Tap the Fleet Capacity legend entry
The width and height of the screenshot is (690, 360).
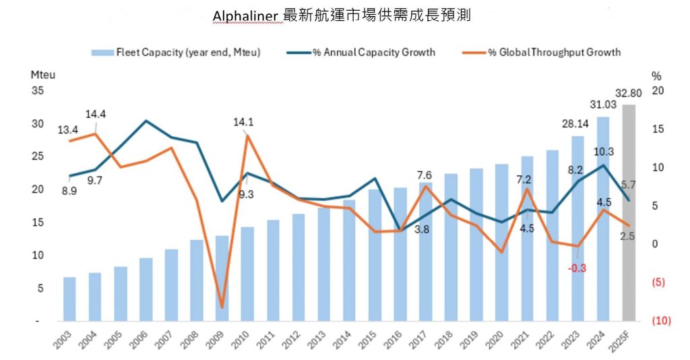point(175,52)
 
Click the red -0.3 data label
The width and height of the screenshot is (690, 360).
point(577,267)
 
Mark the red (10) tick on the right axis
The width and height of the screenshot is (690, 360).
point(661,321)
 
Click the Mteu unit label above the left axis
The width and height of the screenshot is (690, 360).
point(43,75)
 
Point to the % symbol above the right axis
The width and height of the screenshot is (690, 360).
point(656,76)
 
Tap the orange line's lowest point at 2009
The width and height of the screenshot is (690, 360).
point(222,307)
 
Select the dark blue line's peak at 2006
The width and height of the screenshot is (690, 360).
point(146,121)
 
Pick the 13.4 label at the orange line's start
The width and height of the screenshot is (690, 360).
point(68,129)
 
